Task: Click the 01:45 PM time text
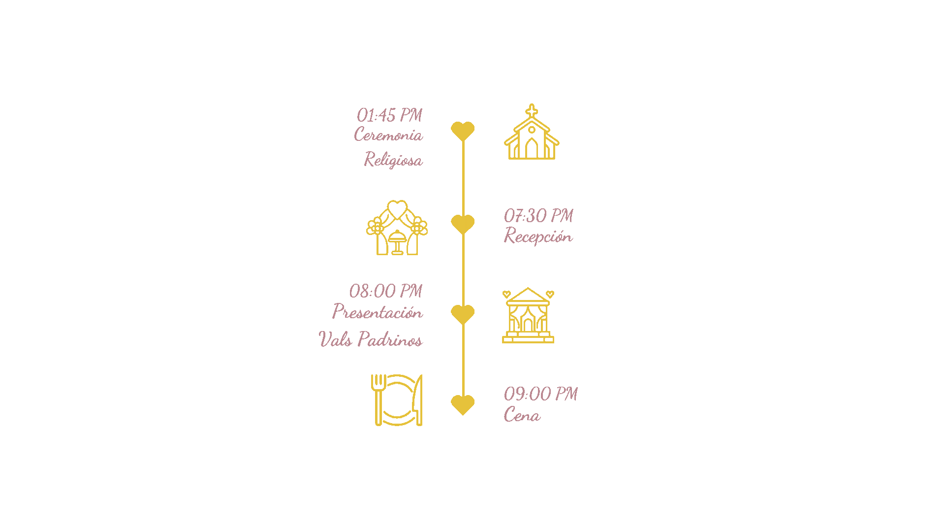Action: tap(389, 116)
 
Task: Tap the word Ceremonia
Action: tap(388, 135)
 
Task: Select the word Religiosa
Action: tap(393, 160)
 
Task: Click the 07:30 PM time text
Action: tap(538, 216)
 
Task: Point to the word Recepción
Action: tap(538, 236)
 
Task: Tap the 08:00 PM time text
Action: tap(386, 291)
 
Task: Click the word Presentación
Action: tap(377, 312)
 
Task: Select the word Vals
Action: tap(335, 339)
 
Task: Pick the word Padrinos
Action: tap(390, 339)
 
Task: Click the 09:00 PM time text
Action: tap(541, 394)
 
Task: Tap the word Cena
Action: tap(522, 415)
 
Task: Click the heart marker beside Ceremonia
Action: tap(463, 131)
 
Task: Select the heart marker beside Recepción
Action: tap(463, 224)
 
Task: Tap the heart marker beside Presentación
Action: tap(463, 314)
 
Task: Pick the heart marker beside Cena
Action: tap(463, 404)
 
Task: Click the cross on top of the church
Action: tap(532, 110)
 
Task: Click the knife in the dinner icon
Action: tap(418, 399)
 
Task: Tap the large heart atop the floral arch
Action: tap(397, 208)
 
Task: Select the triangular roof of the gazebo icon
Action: tap(528, 296)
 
